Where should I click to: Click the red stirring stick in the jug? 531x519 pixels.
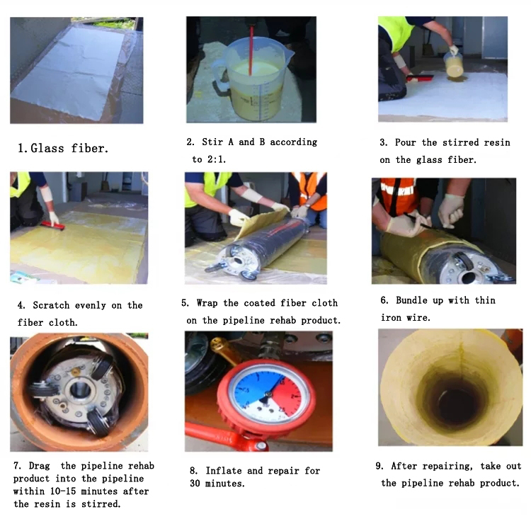[251, 50]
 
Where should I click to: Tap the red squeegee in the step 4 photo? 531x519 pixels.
[53, 226]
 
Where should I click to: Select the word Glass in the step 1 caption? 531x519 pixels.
[47, 149]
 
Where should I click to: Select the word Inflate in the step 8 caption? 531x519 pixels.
[224, 471]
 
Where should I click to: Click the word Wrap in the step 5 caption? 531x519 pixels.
[207, 303]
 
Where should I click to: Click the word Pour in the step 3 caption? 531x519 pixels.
[406, 142]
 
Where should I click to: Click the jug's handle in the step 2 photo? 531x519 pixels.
[219, 73]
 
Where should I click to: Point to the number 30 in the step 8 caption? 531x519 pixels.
[195, 484]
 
